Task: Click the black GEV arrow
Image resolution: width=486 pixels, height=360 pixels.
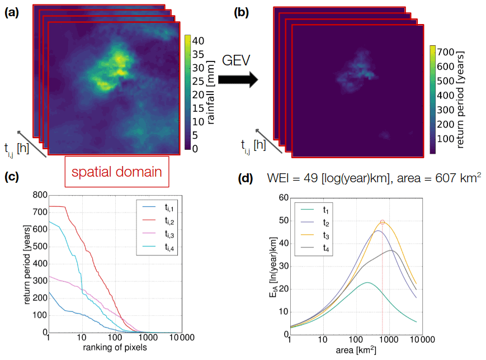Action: [x=237, y=80]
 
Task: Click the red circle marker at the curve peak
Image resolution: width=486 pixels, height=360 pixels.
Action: [x=383, y=222]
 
